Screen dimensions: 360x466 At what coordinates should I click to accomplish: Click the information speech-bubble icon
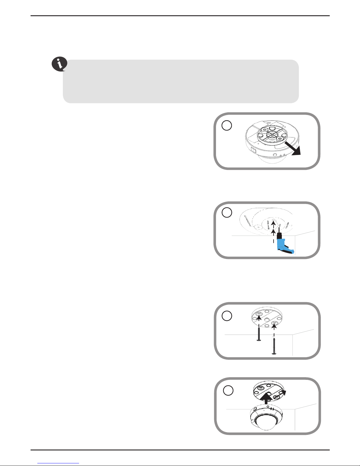[59, 64]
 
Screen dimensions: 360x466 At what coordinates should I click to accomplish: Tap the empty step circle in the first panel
[227, 126]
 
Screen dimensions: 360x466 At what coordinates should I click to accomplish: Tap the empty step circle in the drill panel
[227, 213]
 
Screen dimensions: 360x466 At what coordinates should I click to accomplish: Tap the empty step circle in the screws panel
[227, 316]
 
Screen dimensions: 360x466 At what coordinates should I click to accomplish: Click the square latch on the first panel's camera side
[253, 151]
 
